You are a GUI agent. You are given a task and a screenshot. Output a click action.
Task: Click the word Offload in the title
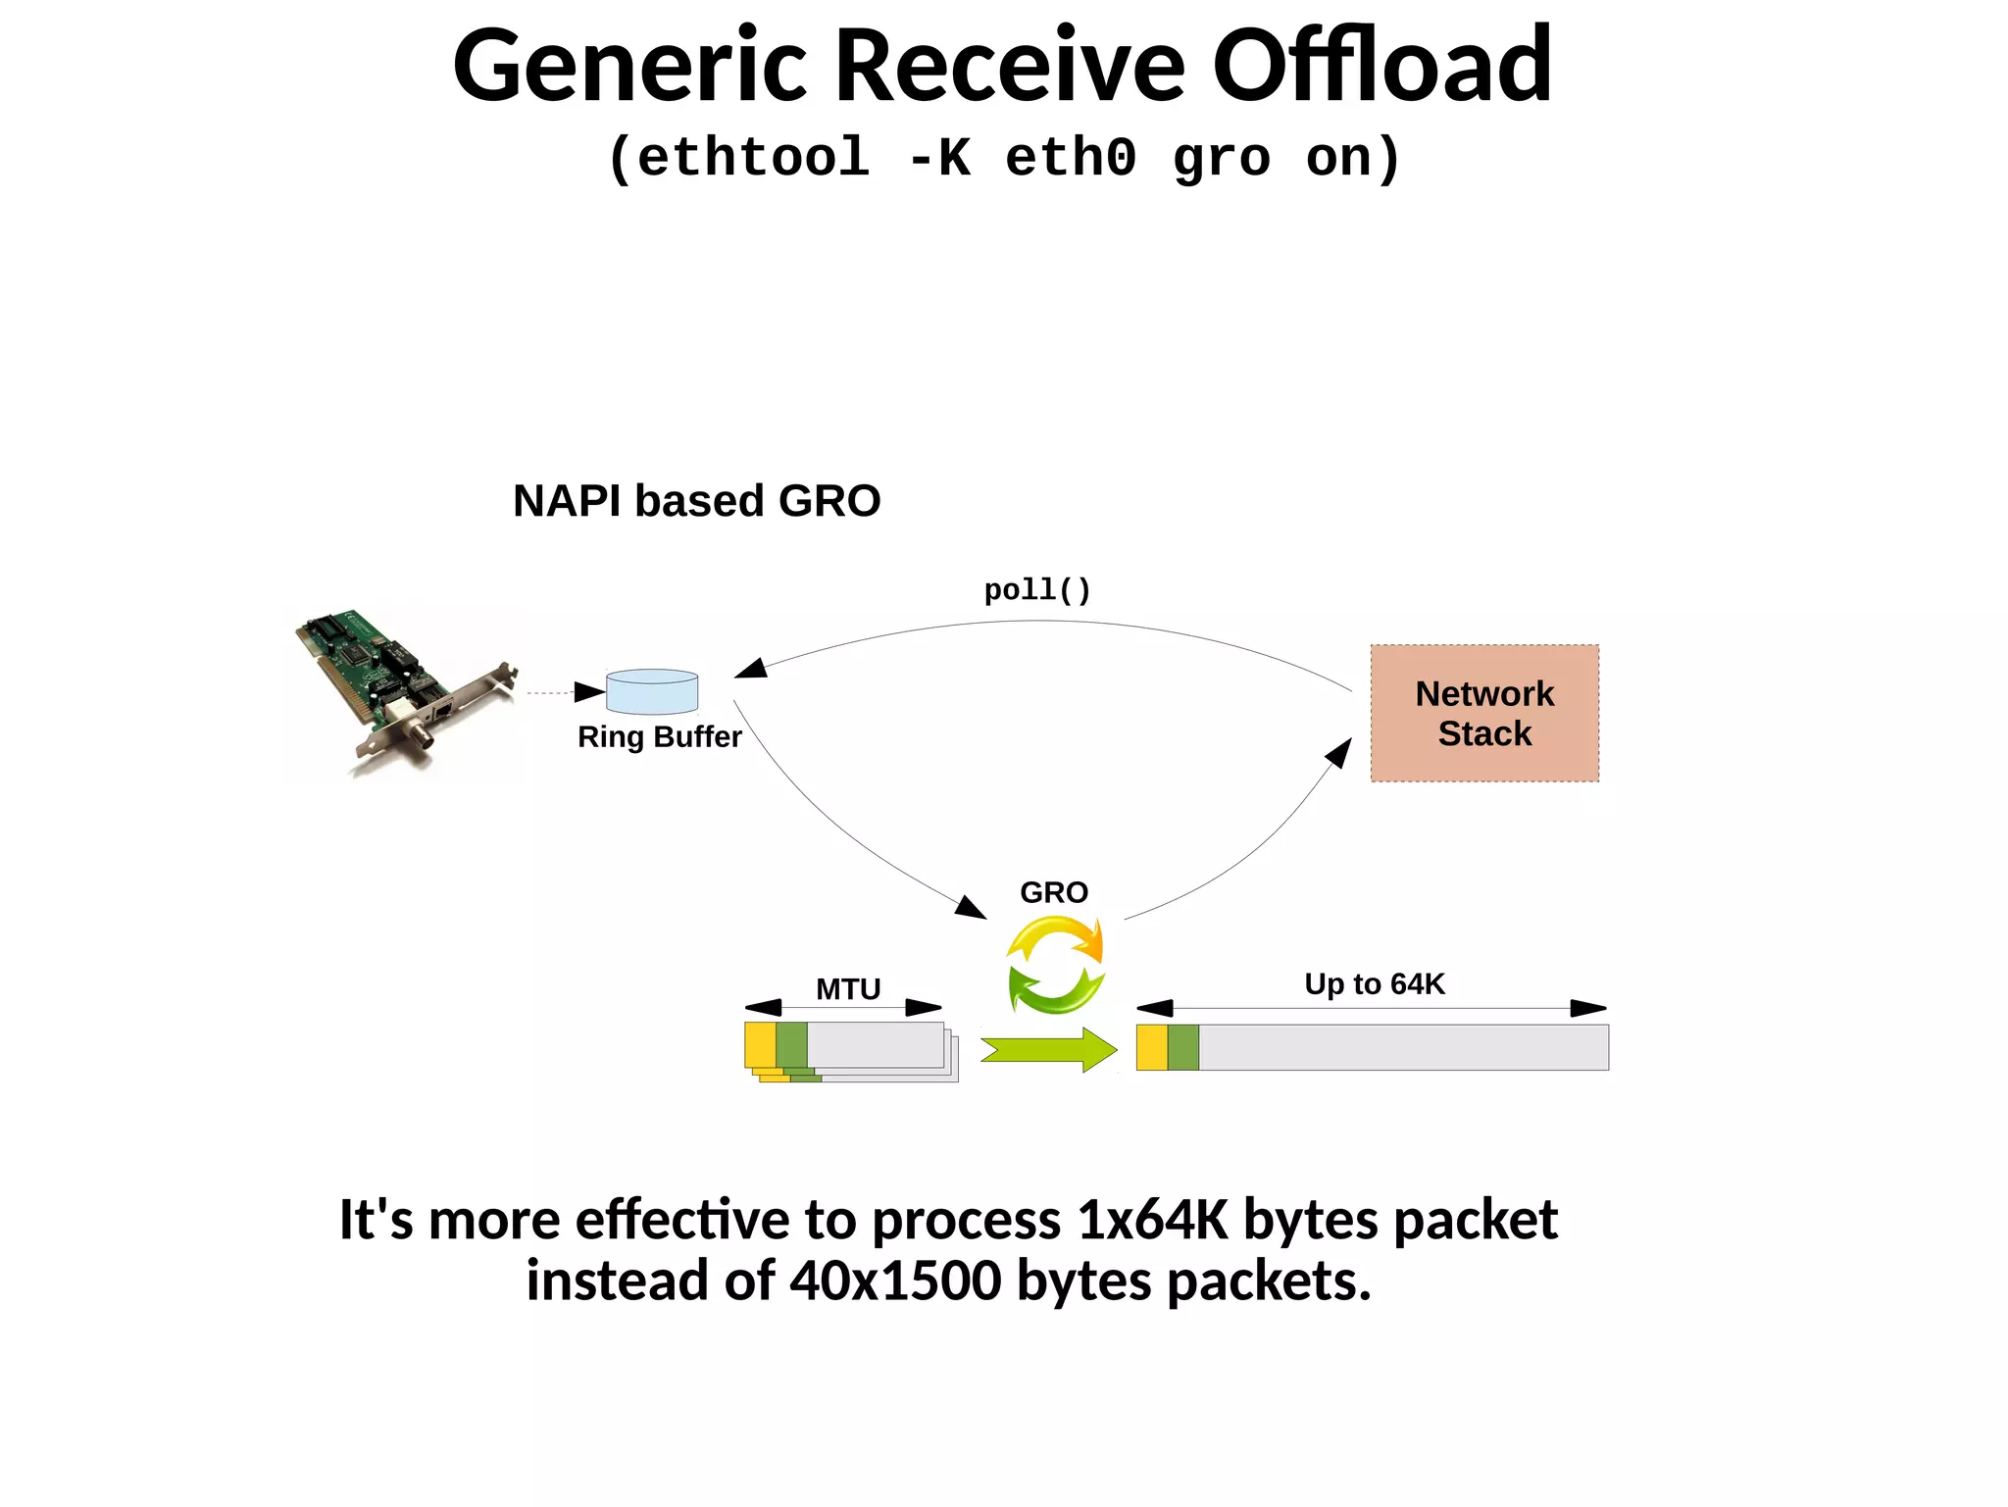(1381, 67)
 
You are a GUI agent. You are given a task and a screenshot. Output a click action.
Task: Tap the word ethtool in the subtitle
(752, 158)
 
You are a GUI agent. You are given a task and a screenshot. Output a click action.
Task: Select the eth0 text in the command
(1071, 158)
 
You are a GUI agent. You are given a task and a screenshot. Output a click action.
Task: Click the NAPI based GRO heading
(696, 501)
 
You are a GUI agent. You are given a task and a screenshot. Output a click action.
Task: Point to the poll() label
(1037, 590)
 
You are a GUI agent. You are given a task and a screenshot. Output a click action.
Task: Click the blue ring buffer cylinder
(652, 692)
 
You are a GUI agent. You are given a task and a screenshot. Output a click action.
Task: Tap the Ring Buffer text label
(659, 737)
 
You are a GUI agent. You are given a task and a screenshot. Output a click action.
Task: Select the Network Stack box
(1484, 713)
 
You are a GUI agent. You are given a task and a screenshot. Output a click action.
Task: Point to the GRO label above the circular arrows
(1054, 892)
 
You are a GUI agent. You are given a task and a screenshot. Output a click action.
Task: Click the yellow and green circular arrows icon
(1056, 965)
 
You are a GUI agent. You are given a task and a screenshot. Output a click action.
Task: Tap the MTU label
(848, 989)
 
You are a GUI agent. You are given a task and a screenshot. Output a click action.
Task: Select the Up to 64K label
(1374, 984)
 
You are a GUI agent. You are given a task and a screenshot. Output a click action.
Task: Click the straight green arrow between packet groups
(1048, 1050)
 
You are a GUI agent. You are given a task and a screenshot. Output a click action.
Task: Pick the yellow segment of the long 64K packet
(1152, 1047)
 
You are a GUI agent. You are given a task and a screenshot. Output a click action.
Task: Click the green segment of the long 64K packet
(1183, 1047)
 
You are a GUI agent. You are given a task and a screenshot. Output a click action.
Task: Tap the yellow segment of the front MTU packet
(760, 1045)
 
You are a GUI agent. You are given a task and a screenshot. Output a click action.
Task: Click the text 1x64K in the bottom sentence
(1152, 1221)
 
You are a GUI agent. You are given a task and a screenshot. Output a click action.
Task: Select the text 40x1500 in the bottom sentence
(896, 1281)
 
